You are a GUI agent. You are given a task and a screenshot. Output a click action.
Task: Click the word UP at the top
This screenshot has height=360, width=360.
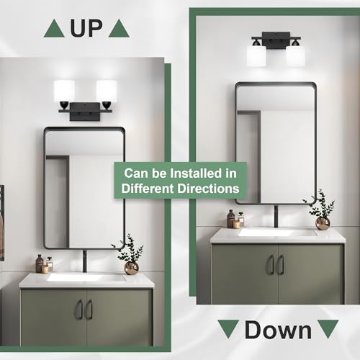(86, 28)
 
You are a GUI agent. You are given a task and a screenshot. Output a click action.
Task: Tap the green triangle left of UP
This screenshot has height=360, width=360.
(54, 29)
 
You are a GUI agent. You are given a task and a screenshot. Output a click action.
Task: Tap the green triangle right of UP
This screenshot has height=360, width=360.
(119, 29)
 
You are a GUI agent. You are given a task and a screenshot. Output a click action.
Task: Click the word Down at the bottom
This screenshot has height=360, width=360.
(278, 330)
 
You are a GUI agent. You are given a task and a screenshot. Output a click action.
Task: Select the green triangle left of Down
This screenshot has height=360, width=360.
(228, 328)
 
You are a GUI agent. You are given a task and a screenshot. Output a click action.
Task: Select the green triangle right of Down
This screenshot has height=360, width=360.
(328, 328)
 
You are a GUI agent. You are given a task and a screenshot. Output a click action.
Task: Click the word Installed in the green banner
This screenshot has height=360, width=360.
(195, 174)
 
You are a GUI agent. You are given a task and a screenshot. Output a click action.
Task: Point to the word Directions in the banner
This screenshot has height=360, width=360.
(208, 189)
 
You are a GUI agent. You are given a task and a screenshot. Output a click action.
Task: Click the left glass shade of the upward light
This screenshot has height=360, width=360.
(64, 91)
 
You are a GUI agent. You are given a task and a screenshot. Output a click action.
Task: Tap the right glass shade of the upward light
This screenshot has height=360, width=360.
(107, 91)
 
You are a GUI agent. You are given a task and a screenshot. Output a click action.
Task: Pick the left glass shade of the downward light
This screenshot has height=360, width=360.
(256, 55)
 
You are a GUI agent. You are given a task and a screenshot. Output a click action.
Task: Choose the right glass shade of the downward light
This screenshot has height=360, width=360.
(295, 55)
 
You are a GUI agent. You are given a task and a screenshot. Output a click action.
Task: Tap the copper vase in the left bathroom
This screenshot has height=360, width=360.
(132, 268)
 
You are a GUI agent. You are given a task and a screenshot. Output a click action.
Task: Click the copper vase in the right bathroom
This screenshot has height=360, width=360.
(323, 223)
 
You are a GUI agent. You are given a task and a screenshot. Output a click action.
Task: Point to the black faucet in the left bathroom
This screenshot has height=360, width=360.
(84, 261)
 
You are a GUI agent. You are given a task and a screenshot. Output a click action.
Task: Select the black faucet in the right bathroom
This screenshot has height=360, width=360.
(276, 217)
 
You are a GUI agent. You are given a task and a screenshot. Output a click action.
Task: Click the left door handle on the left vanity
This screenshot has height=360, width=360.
(79, 310)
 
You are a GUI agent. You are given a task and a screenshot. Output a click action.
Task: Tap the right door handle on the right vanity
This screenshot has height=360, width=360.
(282, 264)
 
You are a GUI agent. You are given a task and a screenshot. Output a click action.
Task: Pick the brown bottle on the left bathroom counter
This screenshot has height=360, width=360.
(39, 264)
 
